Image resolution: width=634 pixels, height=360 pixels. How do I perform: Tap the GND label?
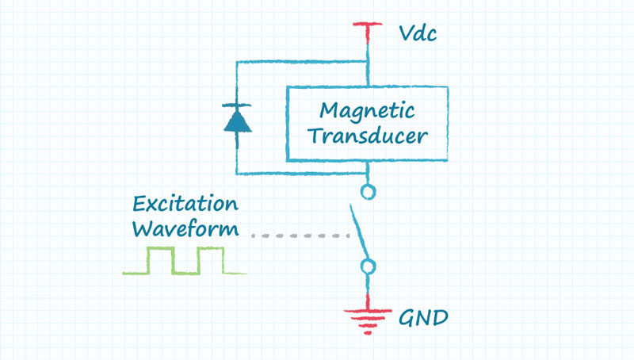(422, 319)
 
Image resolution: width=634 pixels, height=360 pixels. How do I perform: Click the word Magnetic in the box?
(366, 109)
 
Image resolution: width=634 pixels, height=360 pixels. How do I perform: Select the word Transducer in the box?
(368, 136)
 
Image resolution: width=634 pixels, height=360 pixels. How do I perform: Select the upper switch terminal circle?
(368, 191)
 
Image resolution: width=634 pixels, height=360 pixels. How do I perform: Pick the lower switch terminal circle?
(368, 266)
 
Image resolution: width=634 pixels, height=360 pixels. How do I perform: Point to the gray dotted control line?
(300, 236)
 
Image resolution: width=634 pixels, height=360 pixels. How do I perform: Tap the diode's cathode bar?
(236, 106)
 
